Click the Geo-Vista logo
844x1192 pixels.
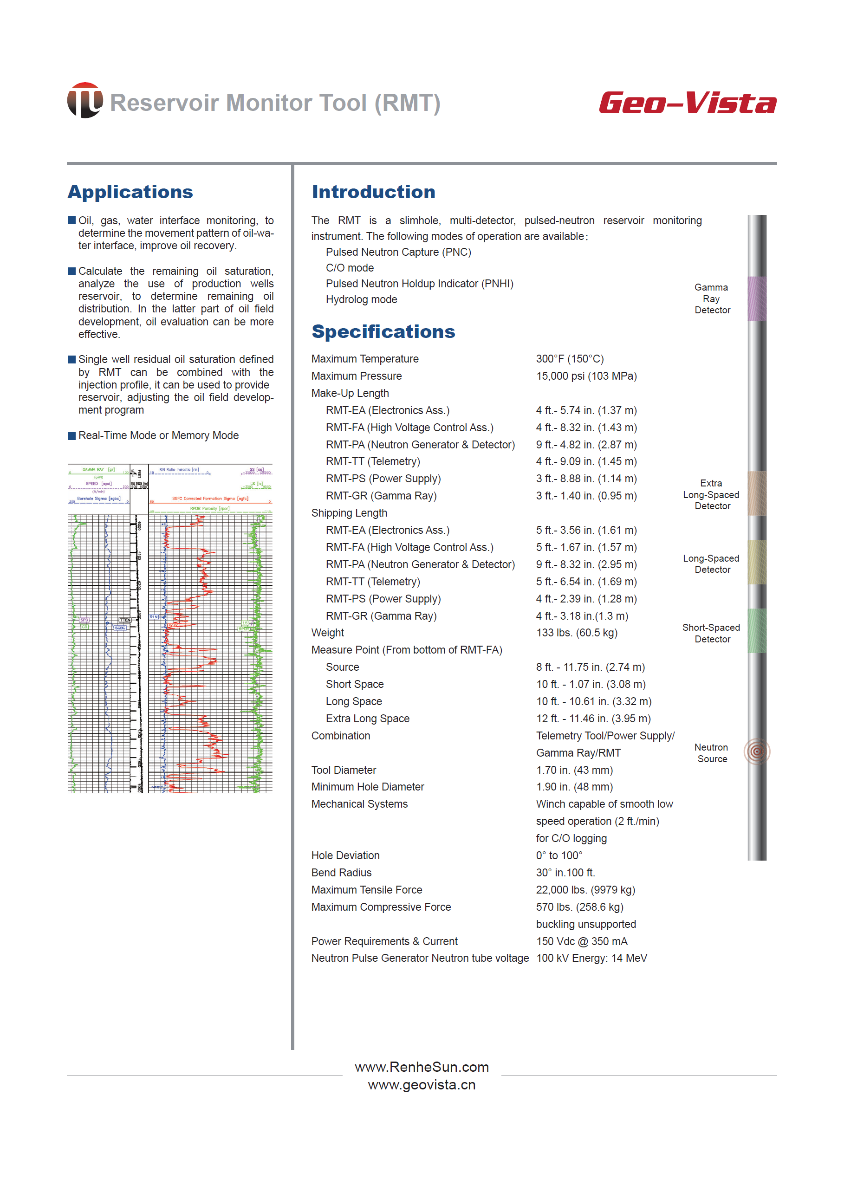click(687, 103)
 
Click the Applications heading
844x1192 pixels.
click(130, 192)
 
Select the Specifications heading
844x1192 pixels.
click(383, 331)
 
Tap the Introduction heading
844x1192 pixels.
click(373, 192)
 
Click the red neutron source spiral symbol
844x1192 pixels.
click(757, 751)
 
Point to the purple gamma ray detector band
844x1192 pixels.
click(757, 298)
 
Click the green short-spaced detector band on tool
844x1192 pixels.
click(757, 630)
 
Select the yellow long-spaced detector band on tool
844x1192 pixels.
click(757, 562)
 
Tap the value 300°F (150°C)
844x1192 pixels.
click(570, 359)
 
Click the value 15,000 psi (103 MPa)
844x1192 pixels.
click(586, 376)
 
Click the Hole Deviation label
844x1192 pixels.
click(345, 855)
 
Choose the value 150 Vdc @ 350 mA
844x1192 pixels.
click(582, 941)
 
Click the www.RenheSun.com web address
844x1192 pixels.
click(422, 1067)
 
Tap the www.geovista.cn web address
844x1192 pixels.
click(422, 1085)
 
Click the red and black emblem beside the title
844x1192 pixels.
click(84, 100)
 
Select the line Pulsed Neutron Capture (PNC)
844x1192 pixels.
click(398, 252)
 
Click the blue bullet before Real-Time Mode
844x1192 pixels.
click(71, 436)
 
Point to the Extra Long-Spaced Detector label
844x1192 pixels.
click(711, 495)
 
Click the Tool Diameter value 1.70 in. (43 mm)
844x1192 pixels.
click(574, 770)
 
